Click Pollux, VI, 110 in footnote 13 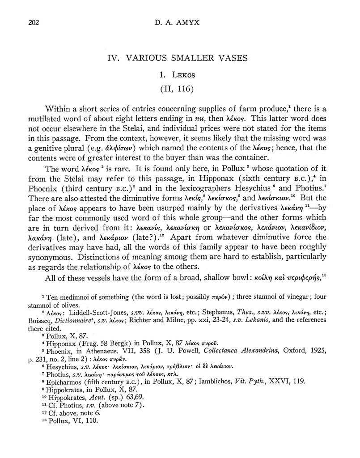[67, 420]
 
